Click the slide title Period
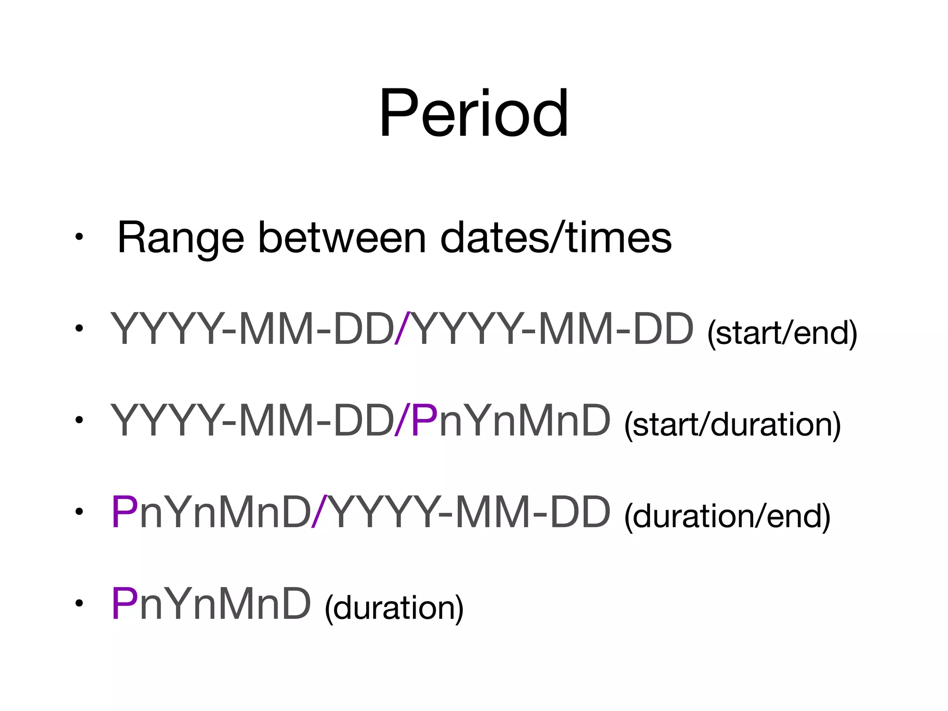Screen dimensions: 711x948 (x=474, y=113)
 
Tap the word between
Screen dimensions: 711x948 (x=341, y=238)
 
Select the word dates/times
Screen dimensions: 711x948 (x=555, y=238)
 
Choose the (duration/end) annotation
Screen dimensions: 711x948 (x=727, y=516)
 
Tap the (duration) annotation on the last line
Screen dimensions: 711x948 (x=394, y=607)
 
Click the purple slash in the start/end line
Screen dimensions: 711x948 (x=402, y=329)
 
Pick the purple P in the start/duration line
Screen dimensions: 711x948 (x=424, y=420)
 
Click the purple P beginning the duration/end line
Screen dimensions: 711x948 (x=124, y=512)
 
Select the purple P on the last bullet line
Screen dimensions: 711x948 (x=124, y=604)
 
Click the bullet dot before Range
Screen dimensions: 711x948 (x=79, y=237)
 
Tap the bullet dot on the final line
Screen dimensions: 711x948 (x=79, y=603)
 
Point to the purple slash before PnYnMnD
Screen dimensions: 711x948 (x=402, y=420)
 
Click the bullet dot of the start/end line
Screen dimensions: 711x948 (x=79, y=328)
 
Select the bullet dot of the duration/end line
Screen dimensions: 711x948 (x=79, y=511)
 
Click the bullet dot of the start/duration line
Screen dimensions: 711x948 (x=79, y=420)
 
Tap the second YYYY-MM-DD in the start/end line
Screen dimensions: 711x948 (x=552, y=329)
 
